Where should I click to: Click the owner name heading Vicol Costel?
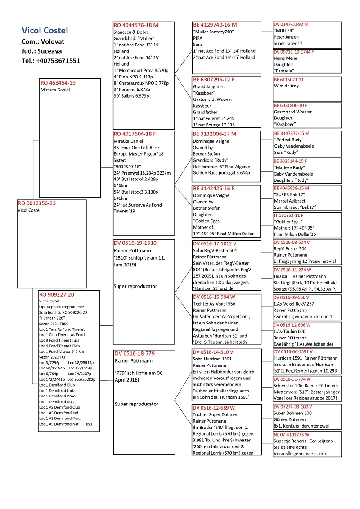(x=45, y=31)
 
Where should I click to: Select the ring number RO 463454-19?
(x=58, y=83)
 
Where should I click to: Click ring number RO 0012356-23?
(x=37, y=203)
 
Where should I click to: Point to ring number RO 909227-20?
(x=57, y=295)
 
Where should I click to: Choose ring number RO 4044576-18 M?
(x=136, y=25)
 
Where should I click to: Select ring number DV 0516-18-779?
(x=135, y=354)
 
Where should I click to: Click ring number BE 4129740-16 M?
(x=215, y=25)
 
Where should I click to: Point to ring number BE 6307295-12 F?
(x=214, y=80)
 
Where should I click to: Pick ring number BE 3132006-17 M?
(x=215, y=134)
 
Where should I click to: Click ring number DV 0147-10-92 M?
(x=291, y=24)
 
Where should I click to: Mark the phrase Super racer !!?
(x=290, y=44)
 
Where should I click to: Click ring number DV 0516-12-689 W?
(x=214, y=407)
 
